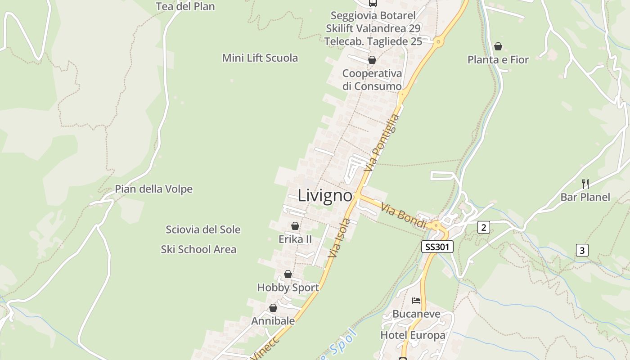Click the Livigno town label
(325, 196)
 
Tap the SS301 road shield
(437, 247)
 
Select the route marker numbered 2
(484, 227)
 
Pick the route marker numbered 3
(582, 250)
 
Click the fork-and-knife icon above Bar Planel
(585, 184)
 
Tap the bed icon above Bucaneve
(416, 300)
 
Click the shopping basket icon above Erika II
(295, 226)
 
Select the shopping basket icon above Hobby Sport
(288, 274)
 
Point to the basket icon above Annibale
(273, 308)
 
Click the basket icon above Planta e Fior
(498, 46)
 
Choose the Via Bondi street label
(403, 216)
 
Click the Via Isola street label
(339, 238)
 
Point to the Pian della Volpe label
(154, 189)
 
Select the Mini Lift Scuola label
(260, 58)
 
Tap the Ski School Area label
(198, 249)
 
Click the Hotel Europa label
(413, 335)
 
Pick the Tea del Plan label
(185, 6)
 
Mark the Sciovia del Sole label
(203, 229)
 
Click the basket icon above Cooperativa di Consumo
(372, 60)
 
